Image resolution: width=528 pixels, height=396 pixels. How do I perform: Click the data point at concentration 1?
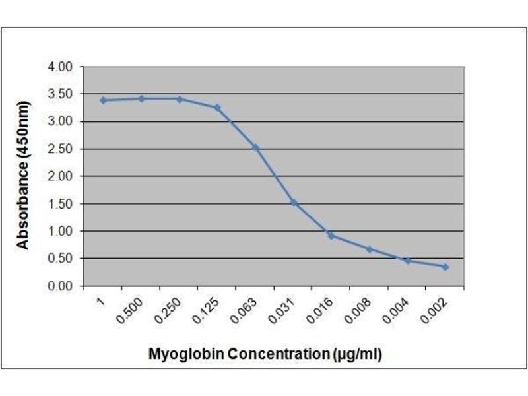pos(103,100)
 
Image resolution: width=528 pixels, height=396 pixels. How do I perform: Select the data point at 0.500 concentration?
pos(141,98)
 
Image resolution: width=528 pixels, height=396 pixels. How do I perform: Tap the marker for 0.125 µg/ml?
pos(217,107)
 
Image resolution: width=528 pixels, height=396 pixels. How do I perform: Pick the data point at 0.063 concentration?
pos(255,147)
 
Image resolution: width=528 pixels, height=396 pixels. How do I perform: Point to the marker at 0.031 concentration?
pos(293,202)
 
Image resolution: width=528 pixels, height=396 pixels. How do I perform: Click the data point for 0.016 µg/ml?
pos(331,235)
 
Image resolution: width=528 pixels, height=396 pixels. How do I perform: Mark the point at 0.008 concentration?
pos(369,249)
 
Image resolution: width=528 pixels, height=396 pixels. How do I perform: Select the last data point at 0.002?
pos(445,267)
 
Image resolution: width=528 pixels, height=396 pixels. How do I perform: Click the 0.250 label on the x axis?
pos(167,311)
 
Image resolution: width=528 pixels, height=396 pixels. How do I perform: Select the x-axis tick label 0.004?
pos(395,311)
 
